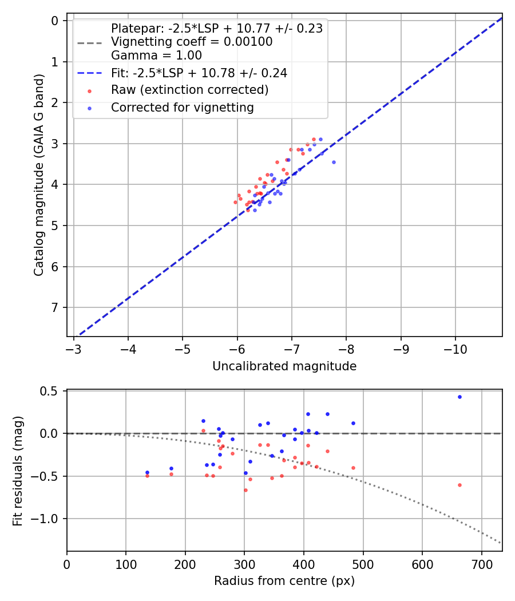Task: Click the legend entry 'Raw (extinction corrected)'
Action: tap(189, 90)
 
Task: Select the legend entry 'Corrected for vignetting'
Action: tap(182, 107)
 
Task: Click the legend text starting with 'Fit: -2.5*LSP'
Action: tap(199, 73)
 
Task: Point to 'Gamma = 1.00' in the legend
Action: tap(156, 56)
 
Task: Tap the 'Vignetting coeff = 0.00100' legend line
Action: tap(191, 42)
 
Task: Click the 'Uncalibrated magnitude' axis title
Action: tap(284, 366)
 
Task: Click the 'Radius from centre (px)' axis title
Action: tap(284, 581)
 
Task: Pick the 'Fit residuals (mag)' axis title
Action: tap(18, 470)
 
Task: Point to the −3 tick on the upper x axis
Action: tap(73, 349)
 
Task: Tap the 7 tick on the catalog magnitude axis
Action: tap(56, 308)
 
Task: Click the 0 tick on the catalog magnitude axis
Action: tap(56, 21)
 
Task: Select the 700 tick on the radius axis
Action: tap(481, 563)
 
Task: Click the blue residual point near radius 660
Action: tap(459, 397)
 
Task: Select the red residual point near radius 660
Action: tap(459, 485)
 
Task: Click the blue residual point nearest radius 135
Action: tap(147, 472)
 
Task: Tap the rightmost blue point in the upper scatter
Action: tap(334, 162)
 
